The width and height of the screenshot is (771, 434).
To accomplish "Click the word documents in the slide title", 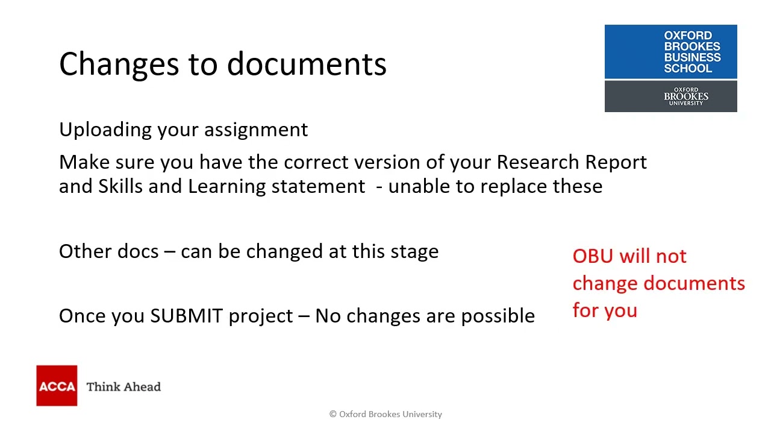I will point(307,64).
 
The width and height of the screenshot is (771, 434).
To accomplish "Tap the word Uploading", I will point(105,130).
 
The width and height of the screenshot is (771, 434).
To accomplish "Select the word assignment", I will point(256,130).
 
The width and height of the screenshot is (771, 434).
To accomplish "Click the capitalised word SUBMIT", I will point(186,316).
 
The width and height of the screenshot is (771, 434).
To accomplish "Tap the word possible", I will point(498,316).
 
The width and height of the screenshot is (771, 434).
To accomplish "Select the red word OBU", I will point(592,256).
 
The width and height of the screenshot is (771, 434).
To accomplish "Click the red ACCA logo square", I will point(57,386).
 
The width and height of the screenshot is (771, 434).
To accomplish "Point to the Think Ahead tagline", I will point(123,386).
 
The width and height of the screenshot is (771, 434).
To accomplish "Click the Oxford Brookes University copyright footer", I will point(385,414).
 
